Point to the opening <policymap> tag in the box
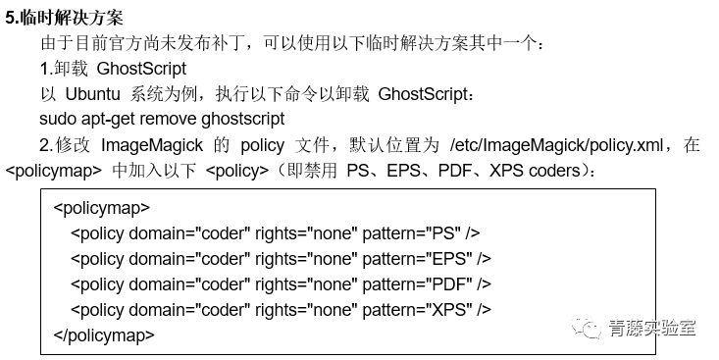click(x=102, y=208)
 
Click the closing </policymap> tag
click(x=104, y=334)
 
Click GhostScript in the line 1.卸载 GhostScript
click(x=141, y=69)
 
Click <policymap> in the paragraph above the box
click(x=54, y=170)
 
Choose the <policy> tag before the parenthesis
click(x=237, y=170)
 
